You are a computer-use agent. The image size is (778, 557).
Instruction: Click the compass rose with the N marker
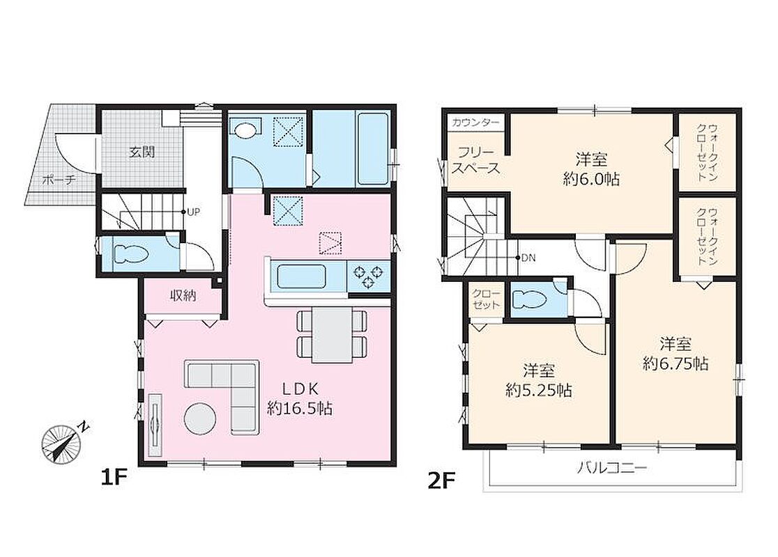coord(63,443)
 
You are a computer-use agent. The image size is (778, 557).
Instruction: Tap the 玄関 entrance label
coord(142,152)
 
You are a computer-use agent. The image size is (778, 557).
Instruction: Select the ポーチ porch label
coord(59,180)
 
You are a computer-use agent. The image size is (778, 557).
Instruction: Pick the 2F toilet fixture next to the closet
coord(529,300)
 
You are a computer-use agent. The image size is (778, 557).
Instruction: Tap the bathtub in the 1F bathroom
coord(372,149)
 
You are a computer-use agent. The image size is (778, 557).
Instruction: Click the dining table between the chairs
coord(332,334)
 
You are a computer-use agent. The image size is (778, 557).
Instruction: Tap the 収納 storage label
coord(183,296)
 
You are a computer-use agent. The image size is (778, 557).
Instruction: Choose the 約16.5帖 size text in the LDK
coord(300,408)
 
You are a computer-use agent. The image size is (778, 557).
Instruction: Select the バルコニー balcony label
coord(612,468)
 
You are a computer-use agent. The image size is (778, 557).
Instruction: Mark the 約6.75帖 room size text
coord(676,363)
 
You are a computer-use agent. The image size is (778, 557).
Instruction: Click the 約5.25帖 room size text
coord(539,391)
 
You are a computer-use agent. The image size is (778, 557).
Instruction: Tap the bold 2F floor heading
coord(441,480)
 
